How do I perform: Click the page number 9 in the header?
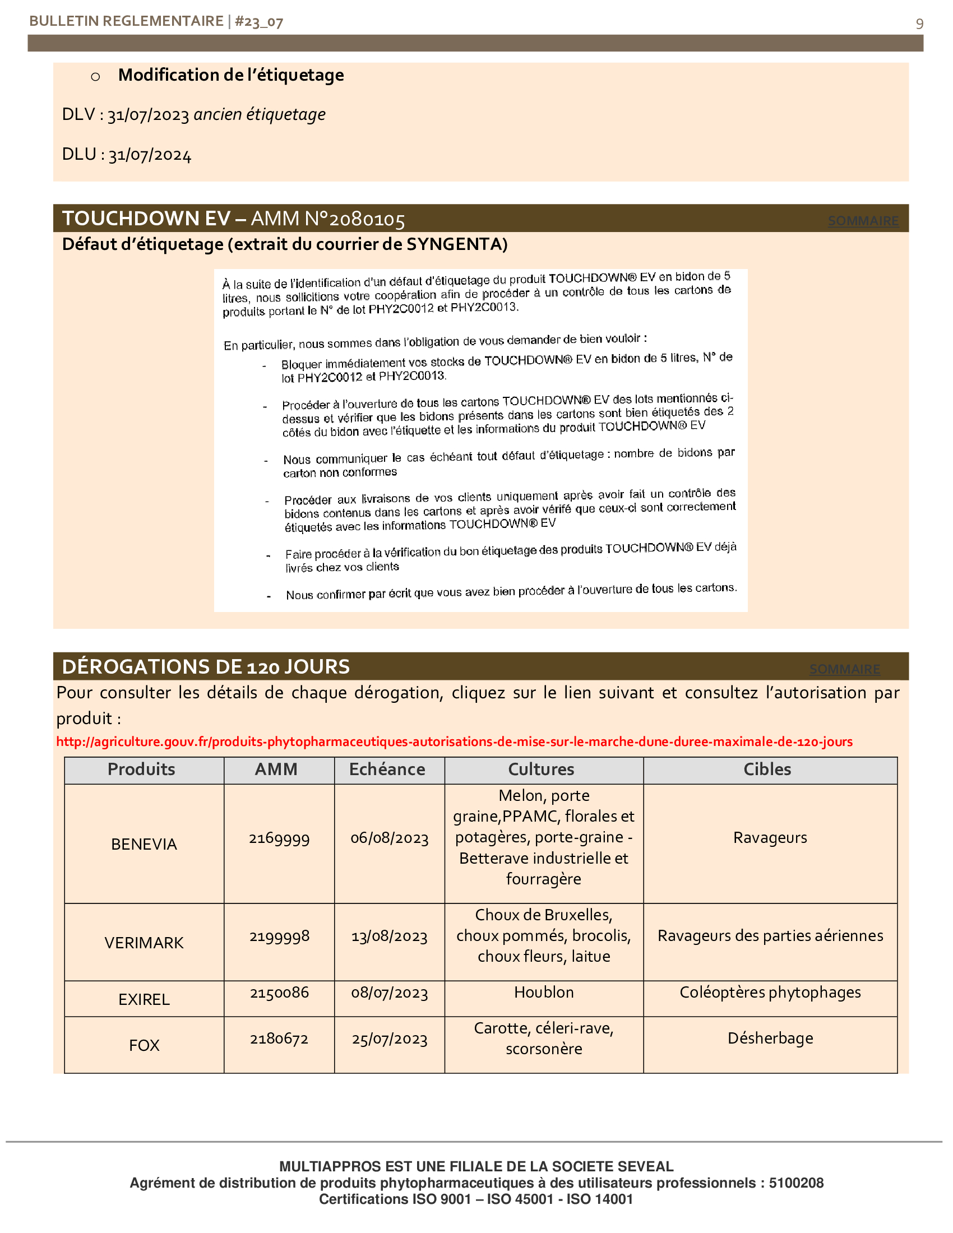[919, 24]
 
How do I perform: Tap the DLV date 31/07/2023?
[148, 114]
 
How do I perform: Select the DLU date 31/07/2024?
[150, 155]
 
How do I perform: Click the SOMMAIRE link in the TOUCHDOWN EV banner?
[863, 221]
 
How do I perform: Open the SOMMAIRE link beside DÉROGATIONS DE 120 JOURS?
[844, 669]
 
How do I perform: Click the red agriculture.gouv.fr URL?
[454, 741]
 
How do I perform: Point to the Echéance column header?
[387, 770]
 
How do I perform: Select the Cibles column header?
[767, 770]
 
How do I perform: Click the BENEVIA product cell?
[144, 844]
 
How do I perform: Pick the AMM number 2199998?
[280, 936]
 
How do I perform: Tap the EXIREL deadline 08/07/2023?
[390, 993]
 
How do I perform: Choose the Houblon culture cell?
[544, 993]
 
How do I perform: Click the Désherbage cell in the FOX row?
[770, 1038]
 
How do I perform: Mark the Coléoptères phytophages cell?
[770, 993]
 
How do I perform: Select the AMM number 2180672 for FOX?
[280, 1039]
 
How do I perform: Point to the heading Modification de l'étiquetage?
[231, 75]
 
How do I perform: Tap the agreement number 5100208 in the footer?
[795, 1183]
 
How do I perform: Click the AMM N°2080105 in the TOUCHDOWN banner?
[327, 219]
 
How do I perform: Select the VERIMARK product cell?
[144, 943]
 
